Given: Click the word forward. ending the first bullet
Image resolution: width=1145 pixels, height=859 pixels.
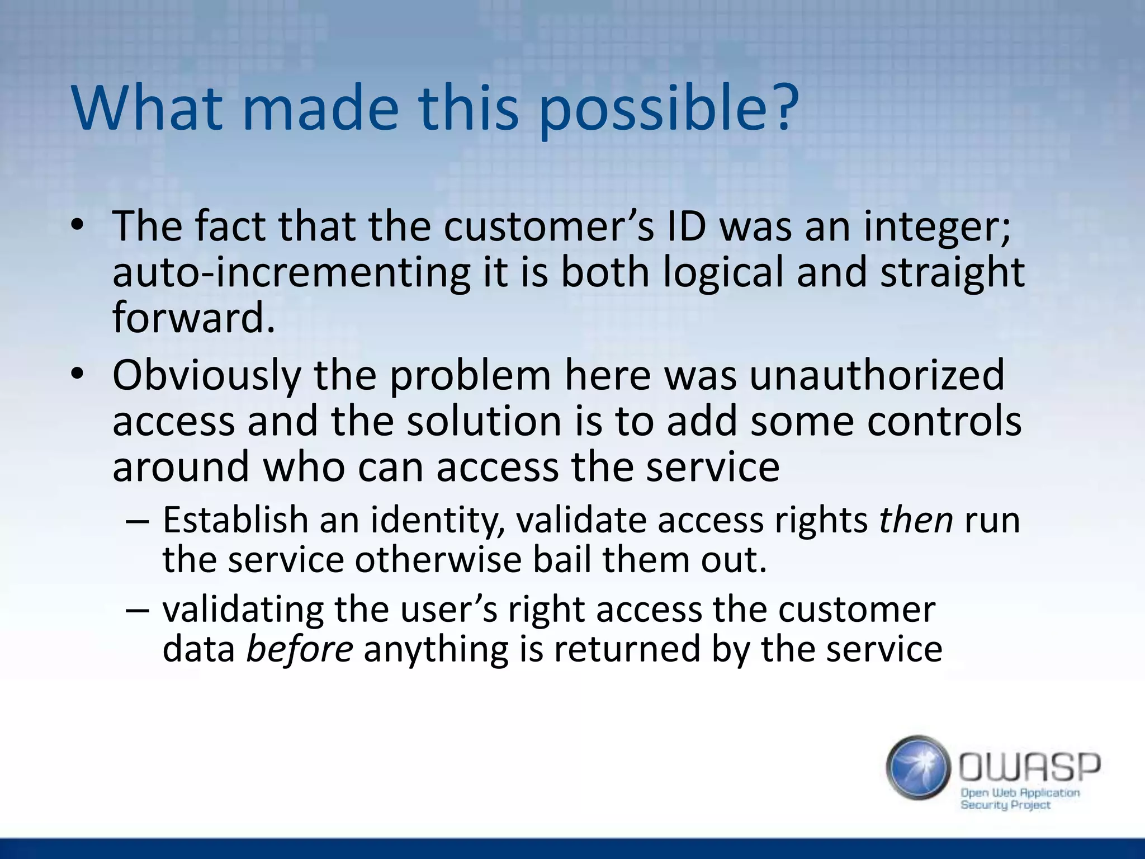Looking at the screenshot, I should tap(194, 317).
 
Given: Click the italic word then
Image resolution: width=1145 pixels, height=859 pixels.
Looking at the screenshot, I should tap(916, 520).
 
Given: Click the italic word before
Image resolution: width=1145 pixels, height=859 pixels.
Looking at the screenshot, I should tap(300, 649).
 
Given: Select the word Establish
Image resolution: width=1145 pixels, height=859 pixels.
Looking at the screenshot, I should tap(235, 520).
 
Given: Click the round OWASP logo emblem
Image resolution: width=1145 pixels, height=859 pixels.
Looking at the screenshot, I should tap(918, 767).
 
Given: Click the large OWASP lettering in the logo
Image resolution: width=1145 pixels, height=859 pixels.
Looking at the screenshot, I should tap(1029, 767).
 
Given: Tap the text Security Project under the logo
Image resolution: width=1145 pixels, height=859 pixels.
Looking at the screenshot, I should tap(1005, 805).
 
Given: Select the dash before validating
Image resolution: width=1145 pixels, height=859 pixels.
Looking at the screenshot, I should tap(138, 610).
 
